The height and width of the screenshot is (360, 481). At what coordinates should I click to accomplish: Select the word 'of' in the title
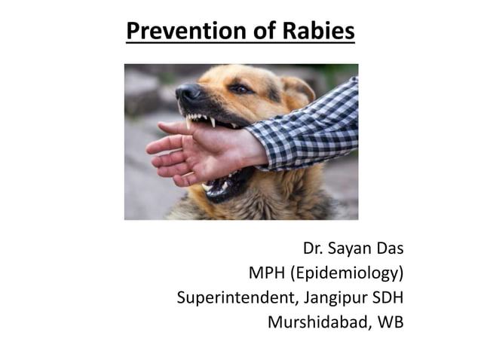pyautogui.click(x=258, y=32)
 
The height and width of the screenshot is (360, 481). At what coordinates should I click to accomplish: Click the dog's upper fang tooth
pyautogui.click(x=213, y=121)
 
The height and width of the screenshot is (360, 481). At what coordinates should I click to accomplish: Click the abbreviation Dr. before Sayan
pyautogui.click(x=315, y=248)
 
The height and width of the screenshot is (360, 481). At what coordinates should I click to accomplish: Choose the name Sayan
pyautogui.click(x=354, y=248)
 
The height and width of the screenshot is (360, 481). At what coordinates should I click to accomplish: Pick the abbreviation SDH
pyautogui.click(x=386, y=298)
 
